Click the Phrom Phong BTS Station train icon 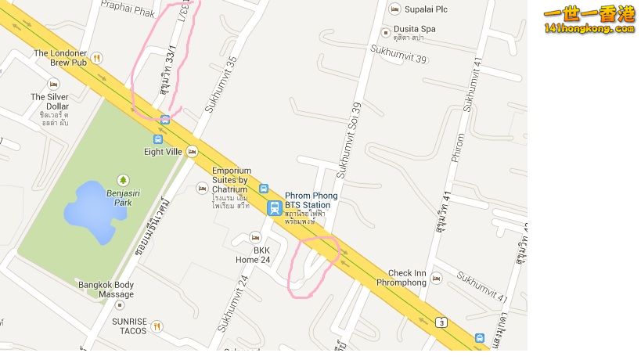point(274,208)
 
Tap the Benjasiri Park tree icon point(122,180)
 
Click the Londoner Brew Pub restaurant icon point(96,57)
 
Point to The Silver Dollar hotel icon point(53,84)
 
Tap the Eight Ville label point(163,151)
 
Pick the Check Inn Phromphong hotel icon point(436,278)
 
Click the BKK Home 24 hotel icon point(254,236)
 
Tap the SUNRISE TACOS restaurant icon point(157,326)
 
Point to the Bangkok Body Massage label point(106,289)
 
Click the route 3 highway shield point(442,322)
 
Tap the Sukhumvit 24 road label point(232,312)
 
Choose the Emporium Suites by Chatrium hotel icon point(203,188)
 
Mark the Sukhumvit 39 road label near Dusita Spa point(398,55)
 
